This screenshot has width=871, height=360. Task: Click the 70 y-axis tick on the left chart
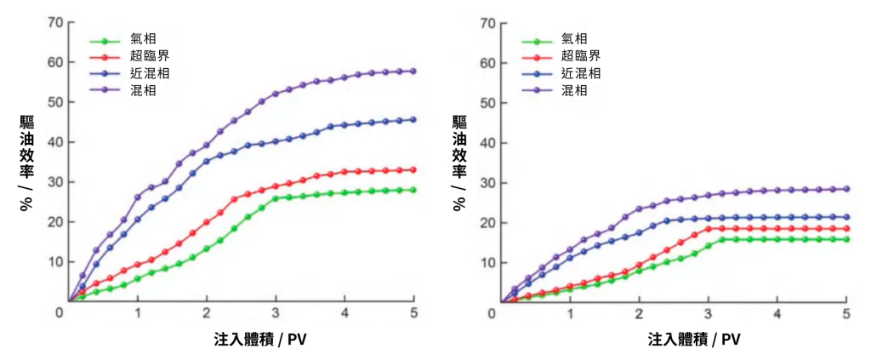tap(55, 22)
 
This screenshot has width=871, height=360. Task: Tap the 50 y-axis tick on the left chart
tap(55, 102)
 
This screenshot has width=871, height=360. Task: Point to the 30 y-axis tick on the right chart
tap(488, 182)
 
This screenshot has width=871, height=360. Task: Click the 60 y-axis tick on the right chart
tap(488, 62)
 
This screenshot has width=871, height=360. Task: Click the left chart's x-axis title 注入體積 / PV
tap(260, 340)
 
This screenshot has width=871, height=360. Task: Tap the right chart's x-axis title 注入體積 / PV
tap(694, 340)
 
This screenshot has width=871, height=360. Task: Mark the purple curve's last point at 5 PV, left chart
tap(413, 71)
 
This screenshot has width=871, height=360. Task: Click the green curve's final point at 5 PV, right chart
tap(845, 239)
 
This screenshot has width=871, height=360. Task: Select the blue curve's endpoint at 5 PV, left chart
tap(413, 120)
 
